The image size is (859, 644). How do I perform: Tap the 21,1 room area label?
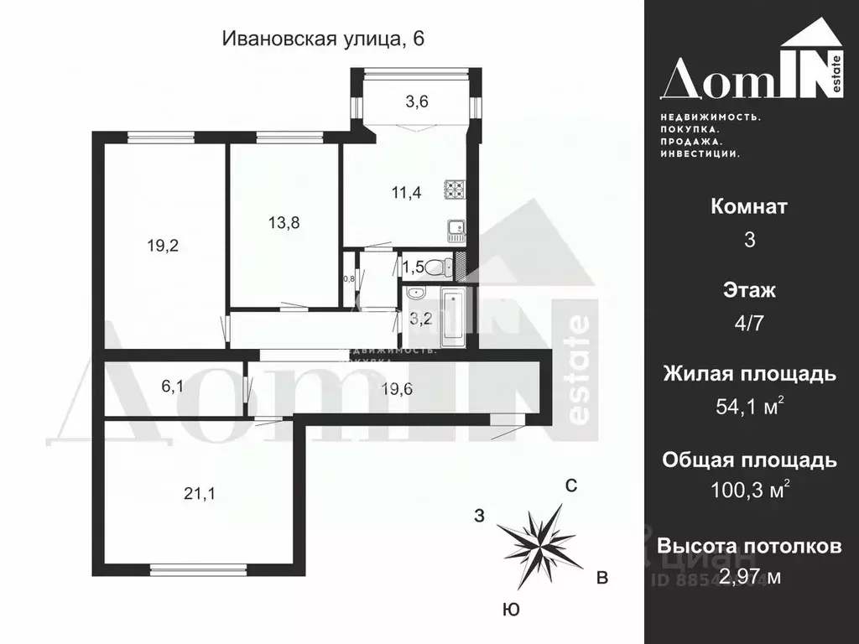(200, 494)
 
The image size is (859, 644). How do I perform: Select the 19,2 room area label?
(164, 246)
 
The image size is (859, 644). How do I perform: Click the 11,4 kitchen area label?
(406, 192)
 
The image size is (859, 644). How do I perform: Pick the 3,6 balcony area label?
(417, 102)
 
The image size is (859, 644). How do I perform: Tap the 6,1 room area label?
(173, 386)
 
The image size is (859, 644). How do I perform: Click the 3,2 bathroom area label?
(419, 318)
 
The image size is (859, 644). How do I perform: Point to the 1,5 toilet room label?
(413, 267)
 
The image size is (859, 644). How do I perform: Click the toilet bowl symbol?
(436, 267)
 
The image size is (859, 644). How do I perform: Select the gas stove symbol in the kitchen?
(455, 190)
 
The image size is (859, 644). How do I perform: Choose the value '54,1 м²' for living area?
(749, 408)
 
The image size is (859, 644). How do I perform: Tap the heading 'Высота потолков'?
(749, 547)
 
